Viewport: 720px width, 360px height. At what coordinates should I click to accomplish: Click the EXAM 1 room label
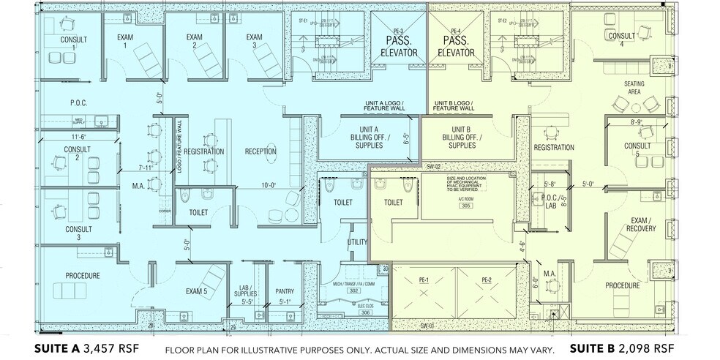[x=124, y=41]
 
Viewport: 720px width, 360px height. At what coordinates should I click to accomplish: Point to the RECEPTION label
[x=260, y=151]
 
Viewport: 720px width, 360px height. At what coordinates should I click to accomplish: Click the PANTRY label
[x=284, y=290]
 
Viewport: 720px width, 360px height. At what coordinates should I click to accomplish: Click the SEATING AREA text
[x=634, y=88]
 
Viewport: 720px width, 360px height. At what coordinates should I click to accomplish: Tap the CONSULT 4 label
[x=621, y=40]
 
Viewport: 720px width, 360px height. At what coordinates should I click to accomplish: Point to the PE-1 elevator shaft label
[x=423, y=280]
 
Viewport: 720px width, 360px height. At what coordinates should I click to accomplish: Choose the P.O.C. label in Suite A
[x=79, y=102]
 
